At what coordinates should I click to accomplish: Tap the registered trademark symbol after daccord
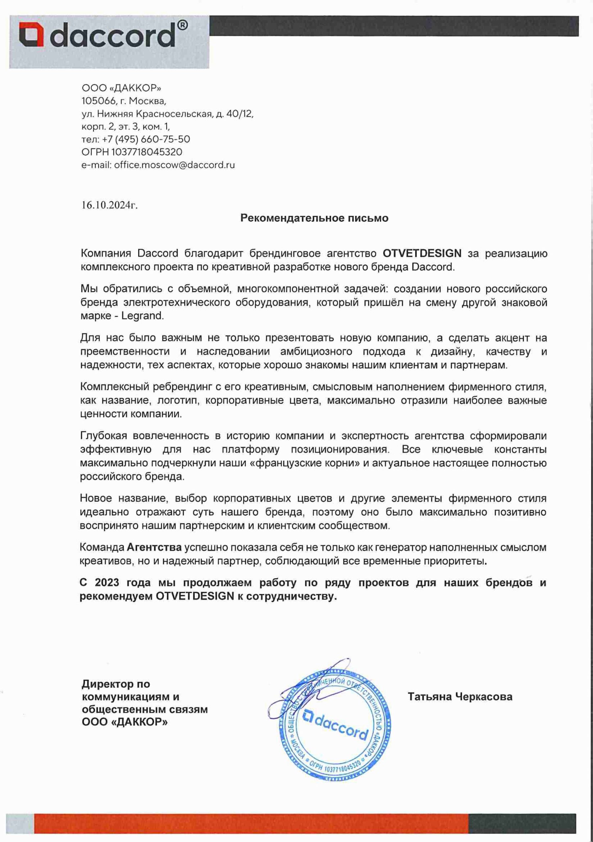point(182,25)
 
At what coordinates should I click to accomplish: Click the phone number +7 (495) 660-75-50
point(146,139)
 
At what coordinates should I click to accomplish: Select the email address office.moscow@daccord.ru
point(174,165)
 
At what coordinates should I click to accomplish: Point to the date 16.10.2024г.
point(109,205)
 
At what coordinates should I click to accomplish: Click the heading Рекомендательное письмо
point(314,218)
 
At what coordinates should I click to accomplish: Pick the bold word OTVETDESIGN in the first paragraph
point(422,253)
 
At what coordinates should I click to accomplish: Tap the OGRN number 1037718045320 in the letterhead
point(146,152)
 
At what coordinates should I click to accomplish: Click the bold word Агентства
point(154,548)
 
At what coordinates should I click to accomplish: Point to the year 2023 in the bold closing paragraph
point(107,583)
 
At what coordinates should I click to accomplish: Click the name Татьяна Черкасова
point(460,696)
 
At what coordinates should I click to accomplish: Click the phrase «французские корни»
point(304,463)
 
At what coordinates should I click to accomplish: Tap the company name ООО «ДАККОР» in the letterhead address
point(121,88)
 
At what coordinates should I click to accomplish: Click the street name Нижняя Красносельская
point(154,114)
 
